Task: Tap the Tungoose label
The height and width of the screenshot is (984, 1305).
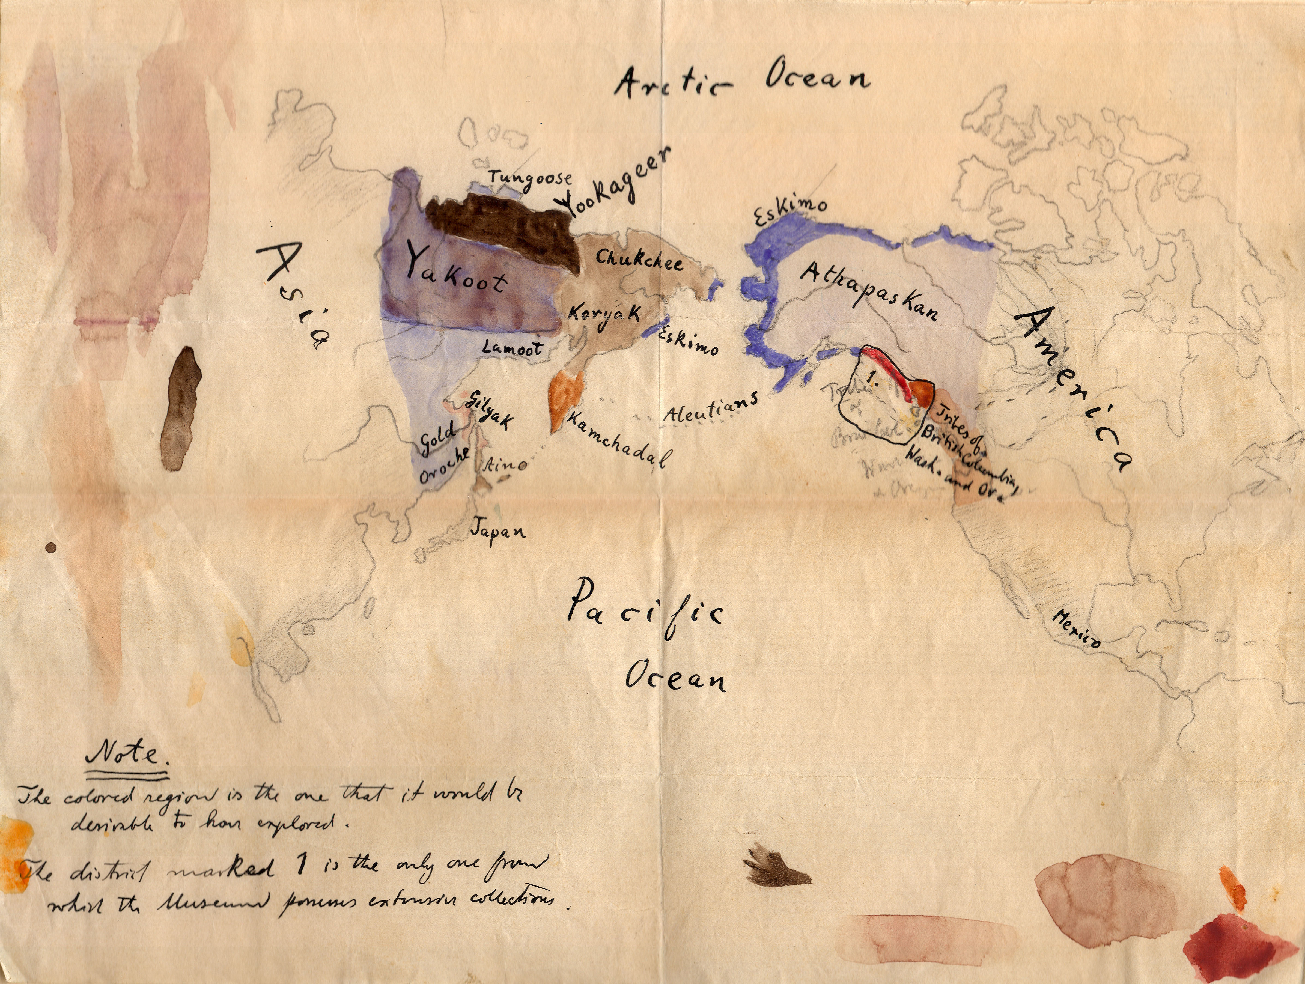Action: pos(530,179)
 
